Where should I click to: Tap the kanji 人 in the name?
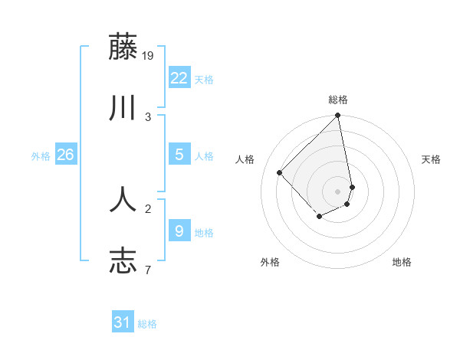pos(123,199)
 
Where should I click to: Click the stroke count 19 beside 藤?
pos(149,55)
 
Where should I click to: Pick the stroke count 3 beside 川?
pos(148,116)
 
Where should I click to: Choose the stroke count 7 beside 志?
pos(148,270)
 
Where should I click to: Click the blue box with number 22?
pos(179,78)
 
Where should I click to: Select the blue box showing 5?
pos(179,155)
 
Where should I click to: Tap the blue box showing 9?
pos(179,231)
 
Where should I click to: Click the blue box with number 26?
pos(65,155)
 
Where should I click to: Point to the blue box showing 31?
pos(123,322)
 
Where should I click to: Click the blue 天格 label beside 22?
pos(204,80)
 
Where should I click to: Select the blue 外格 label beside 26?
pos(41,156)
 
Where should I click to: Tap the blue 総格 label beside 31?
pos(147,324)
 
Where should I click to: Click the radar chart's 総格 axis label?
pos(338,100)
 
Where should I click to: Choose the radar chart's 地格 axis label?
pos(402,262)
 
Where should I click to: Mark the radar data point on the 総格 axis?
pos(338,116)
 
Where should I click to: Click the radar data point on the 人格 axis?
pos(280,172)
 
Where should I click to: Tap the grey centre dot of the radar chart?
pos(338,191)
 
